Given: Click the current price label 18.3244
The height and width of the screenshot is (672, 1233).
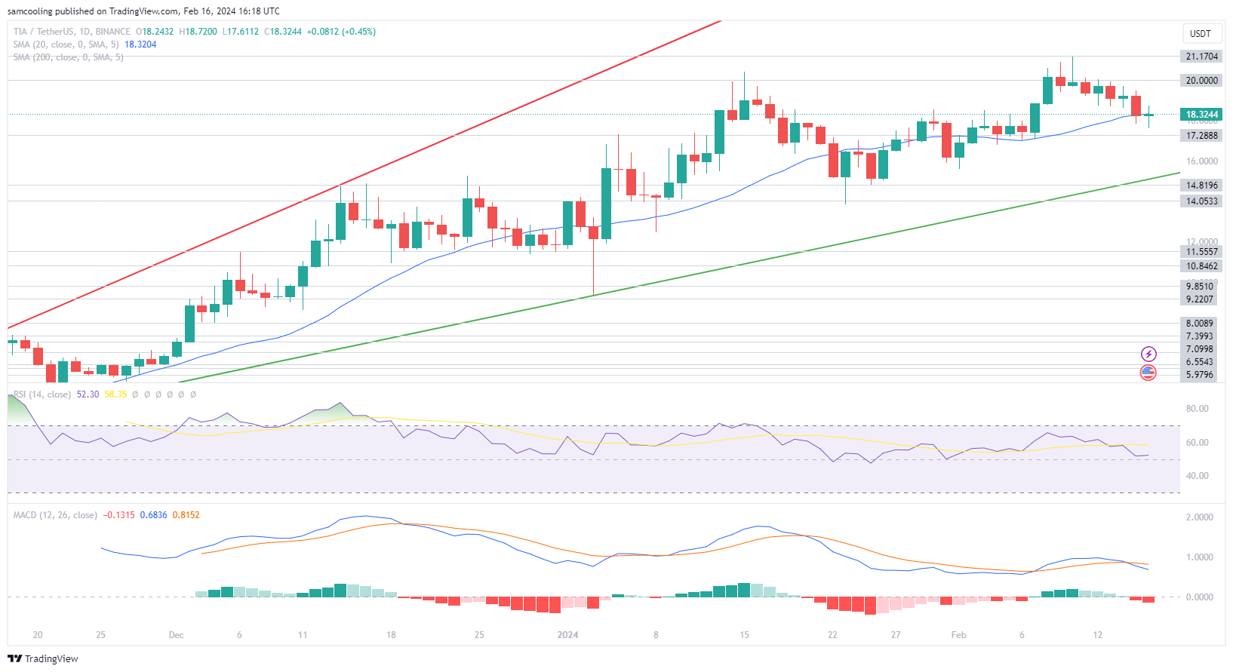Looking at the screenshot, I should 1201,115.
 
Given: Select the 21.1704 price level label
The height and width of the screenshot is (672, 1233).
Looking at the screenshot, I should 1201,57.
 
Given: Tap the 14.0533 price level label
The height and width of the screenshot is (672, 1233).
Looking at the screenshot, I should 1201,201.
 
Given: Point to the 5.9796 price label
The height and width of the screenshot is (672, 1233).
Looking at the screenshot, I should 1199,375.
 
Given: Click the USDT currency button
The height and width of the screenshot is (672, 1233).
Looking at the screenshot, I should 1200,33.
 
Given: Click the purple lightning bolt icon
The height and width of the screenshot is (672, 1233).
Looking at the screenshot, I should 1148,354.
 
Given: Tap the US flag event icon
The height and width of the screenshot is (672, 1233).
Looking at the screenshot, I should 1148,372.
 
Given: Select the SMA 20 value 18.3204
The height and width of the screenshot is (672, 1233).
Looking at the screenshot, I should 140,44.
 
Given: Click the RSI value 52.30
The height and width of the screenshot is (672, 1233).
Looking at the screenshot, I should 88,394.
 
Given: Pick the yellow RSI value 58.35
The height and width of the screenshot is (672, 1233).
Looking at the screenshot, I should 115,394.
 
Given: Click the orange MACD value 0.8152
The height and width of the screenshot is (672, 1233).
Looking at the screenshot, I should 186,515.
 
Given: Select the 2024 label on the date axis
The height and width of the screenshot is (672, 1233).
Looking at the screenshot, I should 567,635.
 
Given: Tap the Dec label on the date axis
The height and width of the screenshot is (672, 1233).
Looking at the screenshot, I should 176,635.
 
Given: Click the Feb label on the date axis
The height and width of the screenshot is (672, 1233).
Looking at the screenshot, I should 958,635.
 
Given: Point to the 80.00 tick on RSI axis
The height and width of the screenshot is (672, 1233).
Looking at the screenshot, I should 1197,409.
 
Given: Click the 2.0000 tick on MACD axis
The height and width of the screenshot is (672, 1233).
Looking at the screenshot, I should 1199,517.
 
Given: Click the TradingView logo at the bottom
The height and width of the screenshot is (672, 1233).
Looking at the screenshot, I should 43,658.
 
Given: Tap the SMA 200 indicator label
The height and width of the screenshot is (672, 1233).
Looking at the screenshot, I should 68,57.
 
